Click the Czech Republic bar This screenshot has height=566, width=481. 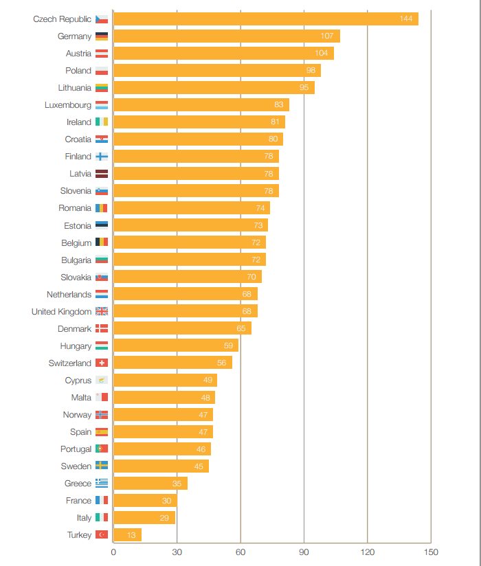pos(265,19)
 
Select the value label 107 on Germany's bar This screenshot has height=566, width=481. pos(327,36)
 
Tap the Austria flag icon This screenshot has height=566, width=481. pos(102,53)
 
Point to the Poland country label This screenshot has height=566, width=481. pos(78,71)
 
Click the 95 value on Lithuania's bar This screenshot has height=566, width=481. pos(304,87)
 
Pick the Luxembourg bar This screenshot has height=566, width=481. pos(201,104)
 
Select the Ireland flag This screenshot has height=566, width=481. pos(102,122)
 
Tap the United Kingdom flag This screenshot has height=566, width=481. pos(102,311)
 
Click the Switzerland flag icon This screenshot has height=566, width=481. pos(102,363)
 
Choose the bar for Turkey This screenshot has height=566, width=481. pos(127,534)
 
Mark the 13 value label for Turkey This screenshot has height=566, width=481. pos(131,535)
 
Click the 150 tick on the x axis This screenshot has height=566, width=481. pos(431,552)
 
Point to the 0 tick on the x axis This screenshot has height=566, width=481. pos(113,552)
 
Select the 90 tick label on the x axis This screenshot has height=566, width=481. pos(304,552)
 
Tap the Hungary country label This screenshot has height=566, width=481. pos(76,346)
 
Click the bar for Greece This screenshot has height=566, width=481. pos(150,483)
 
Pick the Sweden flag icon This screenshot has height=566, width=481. pos(102,466)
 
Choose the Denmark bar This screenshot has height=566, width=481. pos(182,328)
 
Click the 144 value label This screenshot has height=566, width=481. pos(406,19)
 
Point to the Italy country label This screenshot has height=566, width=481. pos(84,517)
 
